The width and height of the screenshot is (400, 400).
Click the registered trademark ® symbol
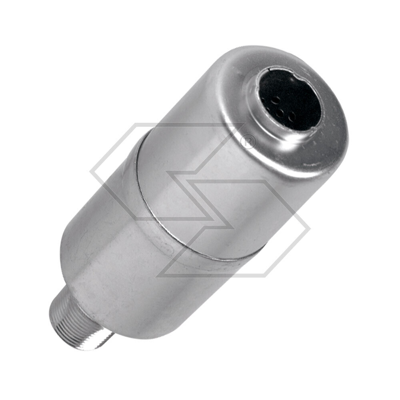tap(248, 142)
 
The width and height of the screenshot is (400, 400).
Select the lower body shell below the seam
tap(128, 272)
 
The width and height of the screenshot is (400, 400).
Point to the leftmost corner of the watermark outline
tap(91, 173)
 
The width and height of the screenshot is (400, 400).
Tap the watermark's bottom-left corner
tap(157, 276)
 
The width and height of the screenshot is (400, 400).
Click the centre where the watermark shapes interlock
tap(200, 200)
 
